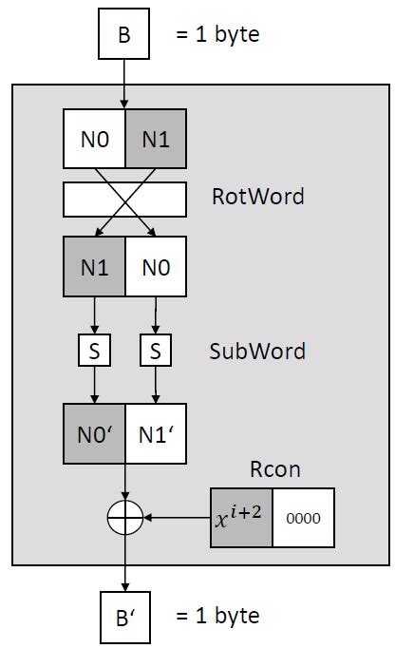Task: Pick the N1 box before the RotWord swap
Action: [155, 140]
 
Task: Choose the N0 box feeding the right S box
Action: [155, 268]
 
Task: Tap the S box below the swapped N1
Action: [93, 352]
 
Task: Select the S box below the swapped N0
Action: [155, 352]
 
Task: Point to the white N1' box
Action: [155, 434]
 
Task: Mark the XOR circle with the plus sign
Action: [124, 518]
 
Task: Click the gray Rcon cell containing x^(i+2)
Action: [240, 519]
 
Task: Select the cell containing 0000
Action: [303, 519]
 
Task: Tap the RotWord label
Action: [258, 198]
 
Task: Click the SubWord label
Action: [257, 352]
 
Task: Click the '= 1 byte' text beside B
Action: [216, 37]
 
